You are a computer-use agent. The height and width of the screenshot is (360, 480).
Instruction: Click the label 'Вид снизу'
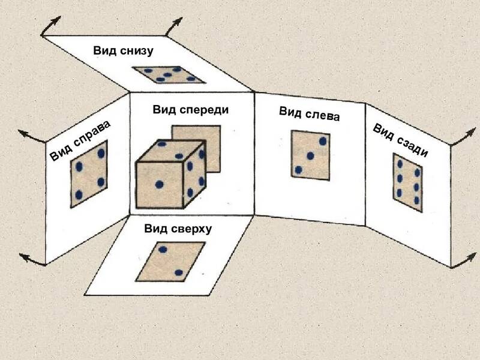[123, 50]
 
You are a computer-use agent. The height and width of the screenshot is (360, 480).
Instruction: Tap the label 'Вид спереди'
[191, 110]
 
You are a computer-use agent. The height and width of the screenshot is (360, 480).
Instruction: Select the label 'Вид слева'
[309, 114]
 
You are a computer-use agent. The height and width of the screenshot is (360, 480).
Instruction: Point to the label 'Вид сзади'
[400, 140]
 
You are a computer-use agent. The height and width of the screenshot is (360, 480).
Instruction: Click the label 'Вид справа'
[80, 140]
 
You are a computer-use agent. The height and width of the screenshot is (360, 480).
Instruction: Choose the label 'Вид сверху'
[178, 229]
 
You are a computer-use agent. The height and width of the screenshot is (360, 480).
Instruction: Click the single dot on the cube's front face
[159, 184]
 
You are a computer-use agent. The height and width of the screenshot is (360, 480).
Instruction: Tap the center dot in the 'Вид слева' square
[310, 156]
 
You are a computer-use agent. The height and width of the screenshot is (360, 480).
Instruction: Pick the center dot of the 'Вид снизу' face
[167, 74]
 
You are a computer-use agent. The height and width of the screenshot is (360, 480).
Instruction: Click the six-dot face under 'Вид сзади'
[408, 182]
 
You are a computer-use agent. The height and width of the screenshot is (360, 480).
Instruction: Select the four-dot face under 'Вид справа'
[89, 174]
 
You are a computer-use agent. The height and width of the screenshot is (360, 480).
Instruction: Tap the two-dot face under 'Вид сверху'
[170, 262]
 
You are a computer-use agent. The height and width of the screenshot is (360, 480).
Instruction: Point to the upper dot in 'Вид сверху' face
[163, 250]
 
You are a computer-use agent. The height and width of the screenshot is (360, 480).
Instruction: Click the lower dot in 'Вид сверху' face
[179, 273]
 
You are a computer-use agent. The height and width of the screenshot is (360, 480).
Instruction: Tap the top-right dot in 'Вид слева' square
[323, 141]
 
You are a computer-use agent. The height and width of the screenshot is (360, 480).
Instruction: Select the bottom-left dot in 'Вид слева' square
[298, 170]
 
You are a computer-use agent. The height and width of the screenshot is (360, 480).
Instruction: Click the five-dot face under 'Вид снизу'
[169, 74]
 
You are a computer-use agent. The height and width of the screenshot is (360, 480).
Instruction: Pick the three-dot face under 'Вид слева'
[310, 155]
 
